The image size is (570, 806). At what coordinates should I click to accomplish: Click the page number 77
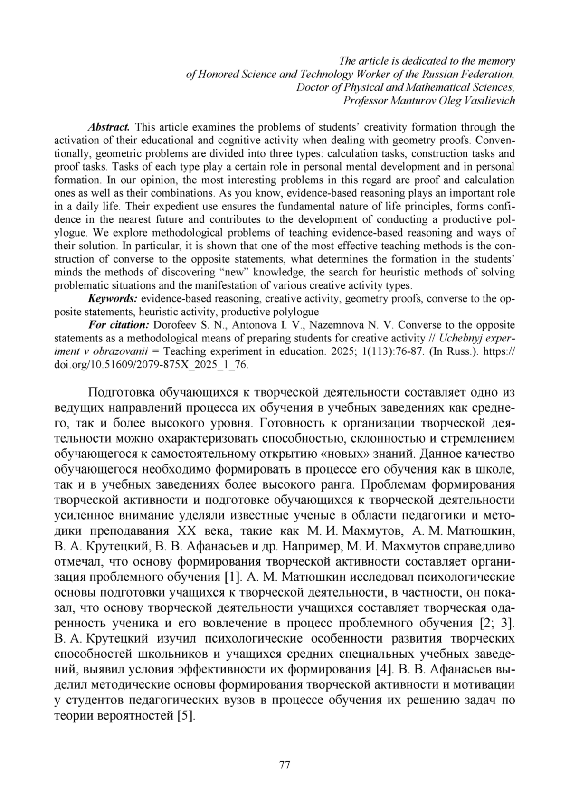(x=285, y=765)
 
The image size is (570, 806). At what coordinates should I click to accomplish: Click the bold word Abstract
(x=109, y=127)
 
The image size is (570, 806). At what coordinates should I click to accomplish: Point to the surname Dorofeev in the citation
(x=175, y=325)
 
